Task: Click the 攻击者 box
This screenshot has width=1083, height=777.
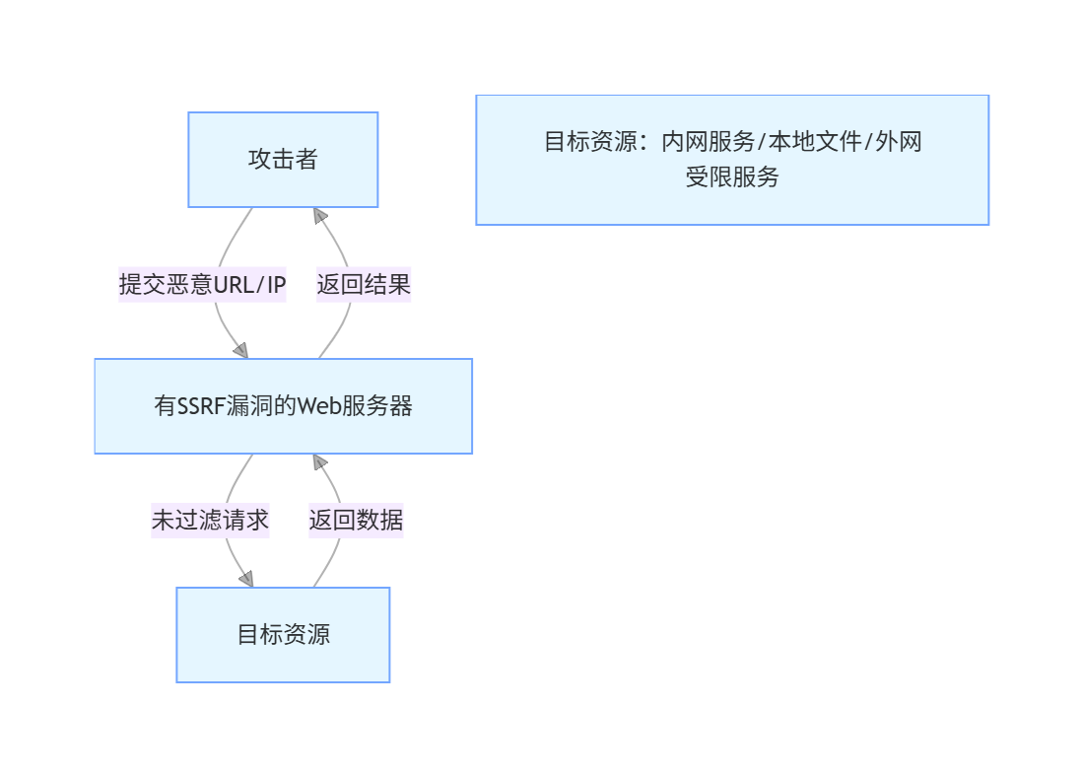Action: point(283,160)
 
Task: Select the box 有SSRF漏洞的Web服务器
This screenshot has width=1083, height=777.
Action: point(283,405)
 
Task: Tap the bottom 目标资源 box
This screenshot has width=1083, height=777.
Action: point(283,634)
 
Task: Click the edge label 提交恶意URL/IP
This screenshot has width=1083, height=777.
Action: point(202,285)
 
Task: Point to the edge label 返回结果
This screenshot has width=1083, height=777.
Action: point(364,285)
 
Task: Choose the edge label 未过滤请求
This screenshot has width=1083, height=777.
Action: point(210,520)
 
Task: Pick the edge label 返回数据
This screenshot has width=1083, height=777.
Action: point(356,520)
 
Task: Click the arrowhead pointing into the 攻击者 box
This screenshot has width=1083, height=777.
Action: point(319,215)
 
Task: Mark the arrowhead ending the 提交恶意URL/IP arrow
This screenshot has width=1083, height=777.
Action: point(240,350)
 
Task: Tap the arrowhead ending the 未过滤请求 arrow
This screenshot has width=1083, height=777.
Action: point(245,579)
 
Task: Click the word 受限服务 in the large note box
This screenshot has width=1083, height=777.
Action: point(732,177)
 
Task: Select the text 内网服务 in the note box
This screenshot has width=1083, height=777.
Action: point(708,142)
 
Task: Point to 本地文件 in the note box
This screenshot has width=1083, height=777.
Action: point(814,142)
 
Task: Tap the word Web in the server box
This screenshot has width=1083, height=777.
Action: point(318,405)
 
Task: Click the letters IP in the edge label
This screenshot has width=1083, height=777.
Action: point(276,285)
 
